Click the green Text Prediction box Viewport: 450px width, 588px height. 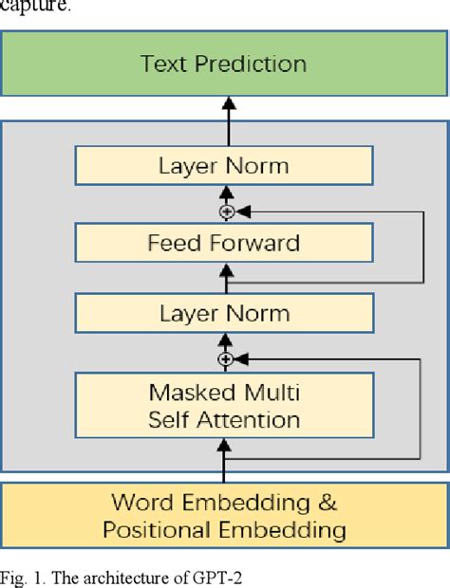224,64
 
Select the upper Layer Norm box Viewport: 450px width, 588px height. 224,167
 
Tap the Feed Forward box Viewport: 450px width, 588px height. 224,243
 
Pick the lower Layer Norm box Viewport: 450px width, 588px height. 224,314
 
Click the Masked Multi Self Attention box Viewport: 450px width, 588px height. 224,406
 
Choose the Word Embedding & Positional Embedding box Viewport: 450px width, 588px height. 224,516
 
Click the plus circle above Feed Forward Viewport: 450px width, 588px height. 226,211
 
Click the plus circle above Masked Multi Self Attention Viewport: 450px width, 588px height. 226,359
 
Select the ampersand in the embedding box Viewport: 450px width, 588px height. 327,503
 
